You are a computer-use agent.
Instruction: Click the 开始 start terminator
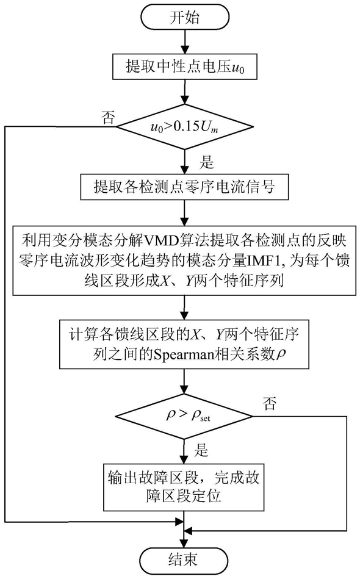(x=184, y=18)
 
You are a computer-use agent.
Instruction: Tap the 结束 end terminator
(x=184, y=560)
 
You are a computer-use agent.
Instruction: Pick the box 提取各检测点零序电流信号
(x=184, y=187)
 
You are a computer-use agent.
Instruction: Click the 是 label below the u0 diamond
(x=206, y=162)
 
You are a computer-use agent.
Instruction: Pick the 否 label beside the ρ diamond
(x=270, y=404)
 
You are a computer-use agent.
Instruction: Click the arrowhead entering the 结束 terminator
(x=184, y=542)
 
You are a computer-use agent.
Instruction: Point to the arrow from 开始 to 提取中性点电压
(x=184, y=43)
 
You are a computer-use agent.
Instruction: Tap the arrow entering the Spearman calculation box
(x=184, y=307)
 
